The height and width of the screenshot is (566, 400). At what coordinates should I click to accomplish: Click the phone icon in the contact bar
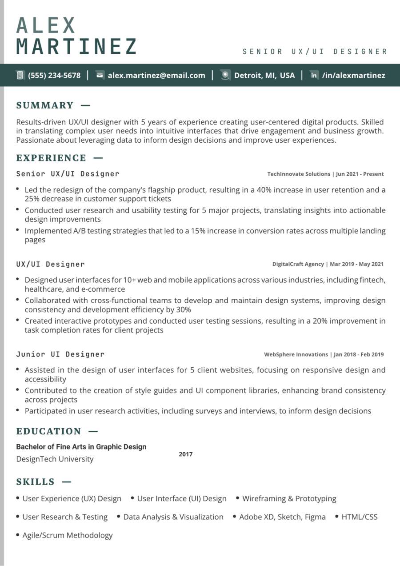coord(20,75)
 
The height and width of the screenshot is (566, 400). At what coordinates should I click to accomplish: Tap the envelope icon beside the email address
coord(100,75)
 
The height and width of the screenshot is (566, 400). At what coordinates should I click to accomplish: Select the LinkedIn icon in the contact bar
coord(314,75)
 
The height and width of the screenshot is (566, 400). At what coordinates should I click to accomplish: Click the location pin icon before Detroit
coord(226,75)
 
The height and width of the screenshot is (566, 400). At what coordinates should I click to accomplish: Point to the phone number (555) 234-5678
coord(54,75)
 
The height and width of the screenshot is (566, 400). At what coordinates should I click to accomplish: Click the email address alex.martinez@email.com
coord(156,75)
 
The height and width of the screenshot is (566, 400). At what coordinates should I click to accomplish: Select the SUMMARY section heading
coord(45,105)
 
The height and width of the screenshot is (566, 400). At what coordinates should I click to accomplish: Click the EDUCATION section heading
coord(49,431)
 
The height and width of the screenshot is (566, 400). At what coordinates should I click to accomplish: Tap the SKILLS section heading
coord(36,482)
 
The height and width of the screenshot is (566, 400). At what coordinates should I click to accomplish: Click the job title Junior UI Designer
coord(60,354)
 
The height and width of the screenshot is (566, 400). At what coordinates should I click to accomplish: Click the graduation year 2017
coord(186,454)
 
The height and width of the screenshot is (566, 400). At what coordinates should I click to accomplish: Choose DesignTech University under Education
coord(55,459)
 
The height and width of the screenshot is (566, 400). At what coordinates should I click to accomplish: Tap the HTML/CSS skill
coord(359,517)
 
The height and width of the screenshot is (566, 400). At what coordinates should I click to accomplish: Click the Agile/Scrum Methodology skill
coord(68,535)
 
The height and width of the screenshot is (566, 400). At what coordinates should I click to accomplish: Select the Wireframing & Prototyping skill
coord(289,499)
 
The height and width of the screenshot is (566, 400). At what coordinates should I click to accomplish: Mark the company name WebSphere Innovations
coord(296,354)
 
